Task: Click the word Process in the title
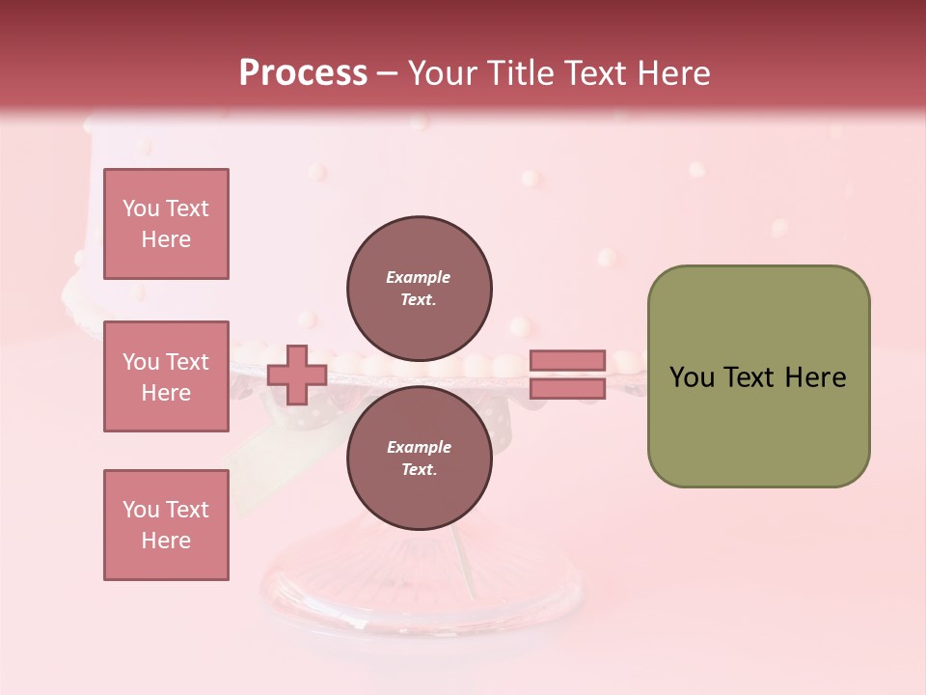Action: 303,73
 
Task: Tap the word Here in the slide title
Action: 672,73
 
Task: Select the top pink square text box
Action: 166,224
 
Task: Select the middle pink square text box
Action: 166,376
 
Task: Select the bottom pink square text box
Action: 166,525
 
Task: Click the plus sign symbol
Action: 297,375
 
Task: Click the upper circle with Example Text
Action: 420,288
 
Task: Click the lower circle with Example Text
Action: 420,458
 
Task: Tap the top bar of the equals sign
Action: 567,361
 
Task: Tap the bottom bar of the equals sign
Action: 567,389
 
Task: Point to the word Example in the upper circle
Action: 419,277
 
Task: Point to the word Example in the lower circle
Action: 419,447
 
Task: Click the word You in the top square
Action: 139,208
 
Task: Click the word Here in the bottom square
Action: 166,541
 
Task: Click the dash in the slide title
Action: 387,74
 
